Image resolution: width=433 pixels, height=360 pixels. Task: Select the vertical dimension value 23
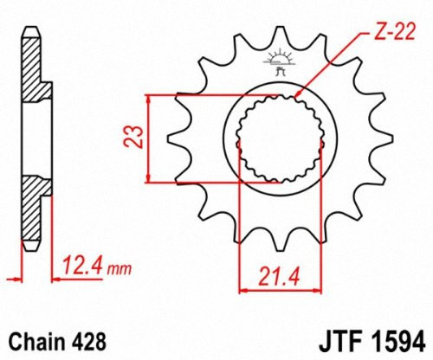pos(132,138)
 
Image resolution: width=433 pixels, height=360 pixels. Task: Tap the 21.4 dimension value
pos(271,277)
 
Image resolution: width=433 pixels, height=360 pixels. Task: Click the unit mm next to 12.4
pos(121,264)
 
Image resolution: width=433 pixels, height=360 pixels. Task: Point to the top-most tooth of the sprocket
pos(279,35)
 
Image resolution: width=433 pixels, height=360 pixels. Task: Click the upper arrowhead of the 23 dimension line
pos(151,98)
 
